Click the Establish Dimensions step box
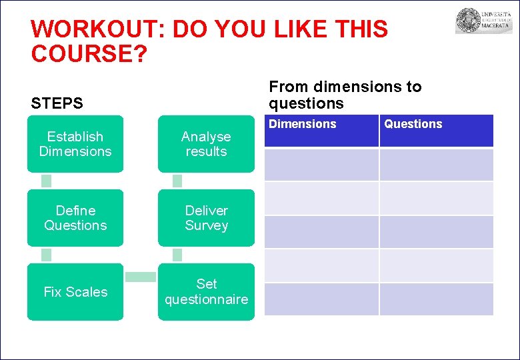point(75,144)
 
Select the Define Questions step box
point(75,218)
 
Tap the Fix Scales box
point(75,292)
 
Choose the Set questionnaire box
point(206,292)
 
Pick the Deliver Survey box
point(206,218)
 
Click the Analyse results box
point(206,144)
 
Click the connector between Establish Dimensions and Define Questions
point(46,181)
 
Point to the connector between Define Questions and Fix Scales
point(46,255)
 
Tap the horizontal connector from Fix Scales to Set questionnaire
point(141,277)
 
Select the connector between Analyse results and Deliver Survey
point(177,181)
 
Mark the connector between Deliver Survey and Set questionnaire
point(177,255)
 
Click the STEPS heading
point(57,103)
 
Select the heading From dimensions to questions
point(345,95)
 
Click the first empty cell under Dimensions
point(322,165)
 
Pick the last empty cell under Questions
point(436,299)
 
